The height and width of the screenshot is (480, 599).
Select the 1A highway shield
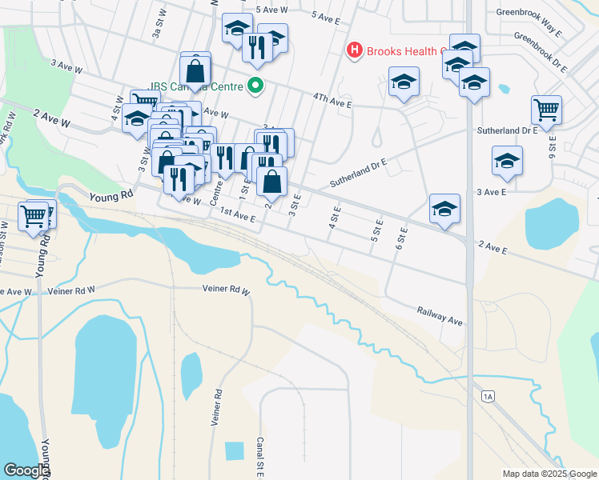click(488, 396)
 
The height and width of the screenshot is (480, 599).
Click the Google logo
click(26, 470)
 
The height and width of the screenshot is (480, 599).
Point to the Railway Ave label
click(440, 315)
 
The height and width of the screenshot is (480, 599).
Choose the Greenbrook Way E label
click(529, 12)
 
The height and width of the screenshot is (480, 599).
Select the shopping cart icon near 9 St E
click(546, 110)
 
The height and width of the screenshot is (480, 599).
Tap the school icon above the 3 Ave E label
click(507, 161)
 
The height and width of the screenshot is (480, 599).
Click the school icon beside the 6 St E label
click(444, 209)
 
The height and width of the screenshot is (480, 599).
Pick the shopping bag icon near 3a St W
click(195, 67)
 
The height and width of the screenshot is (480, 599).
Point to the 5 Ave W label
click(271, 10)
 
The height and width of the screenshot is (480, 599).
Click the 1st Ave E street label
click(238, 215)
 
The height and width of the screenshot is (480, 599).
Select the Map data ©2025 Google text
click(549, 474)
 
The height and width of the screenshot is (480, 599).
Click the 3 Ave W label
click(66, 66)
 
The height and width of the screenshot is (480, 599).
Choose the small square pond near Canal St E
click(234, 450)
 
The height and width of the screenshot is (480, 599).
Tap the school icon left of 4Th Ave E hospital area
click(404, 82)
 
